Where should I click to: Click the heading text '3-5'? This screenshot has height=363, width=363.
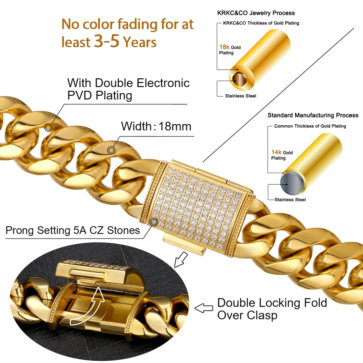tap(107, 41)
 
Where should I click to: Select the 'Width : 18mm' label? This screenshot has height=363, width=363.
tap(156, 126)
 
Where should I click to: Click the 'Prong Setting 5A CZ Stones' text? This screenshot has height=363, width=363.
tap(73, 230)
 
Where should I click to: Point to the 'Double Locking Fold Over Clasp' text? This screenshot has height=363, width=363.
tap(272, 309)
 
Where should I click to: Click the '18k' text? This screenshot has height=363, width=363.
tap(224, 47)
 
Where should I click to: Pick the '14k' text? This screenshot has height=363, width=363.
tap(276, 152)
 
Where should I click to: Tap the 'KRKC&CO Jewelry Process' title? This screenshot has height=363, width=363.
tap(256, 13)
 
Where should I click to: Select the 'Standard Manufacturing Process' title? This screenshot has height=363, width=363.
tap(313, 115)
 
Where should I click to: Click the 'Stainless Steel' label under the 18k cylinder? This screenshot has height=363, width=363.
tap(241, 96)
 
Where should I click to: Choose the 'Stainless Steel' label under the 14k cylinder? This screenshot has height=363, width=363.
tap(290, 200)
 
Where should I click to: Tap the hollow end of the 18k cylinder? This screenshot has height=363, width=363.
tap(239, 79)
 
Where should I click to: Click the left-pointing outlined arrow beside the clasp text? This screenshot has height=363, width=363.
tap(204, 308)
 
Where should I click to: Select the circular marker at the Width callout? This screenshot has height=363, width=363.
tap(111, 150)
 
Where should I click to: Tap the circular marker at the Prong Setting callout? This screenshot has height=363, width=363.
tap(154, 221)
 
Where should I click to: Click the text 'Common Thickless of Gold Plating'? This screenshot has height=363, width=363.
tap(310, 126)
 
